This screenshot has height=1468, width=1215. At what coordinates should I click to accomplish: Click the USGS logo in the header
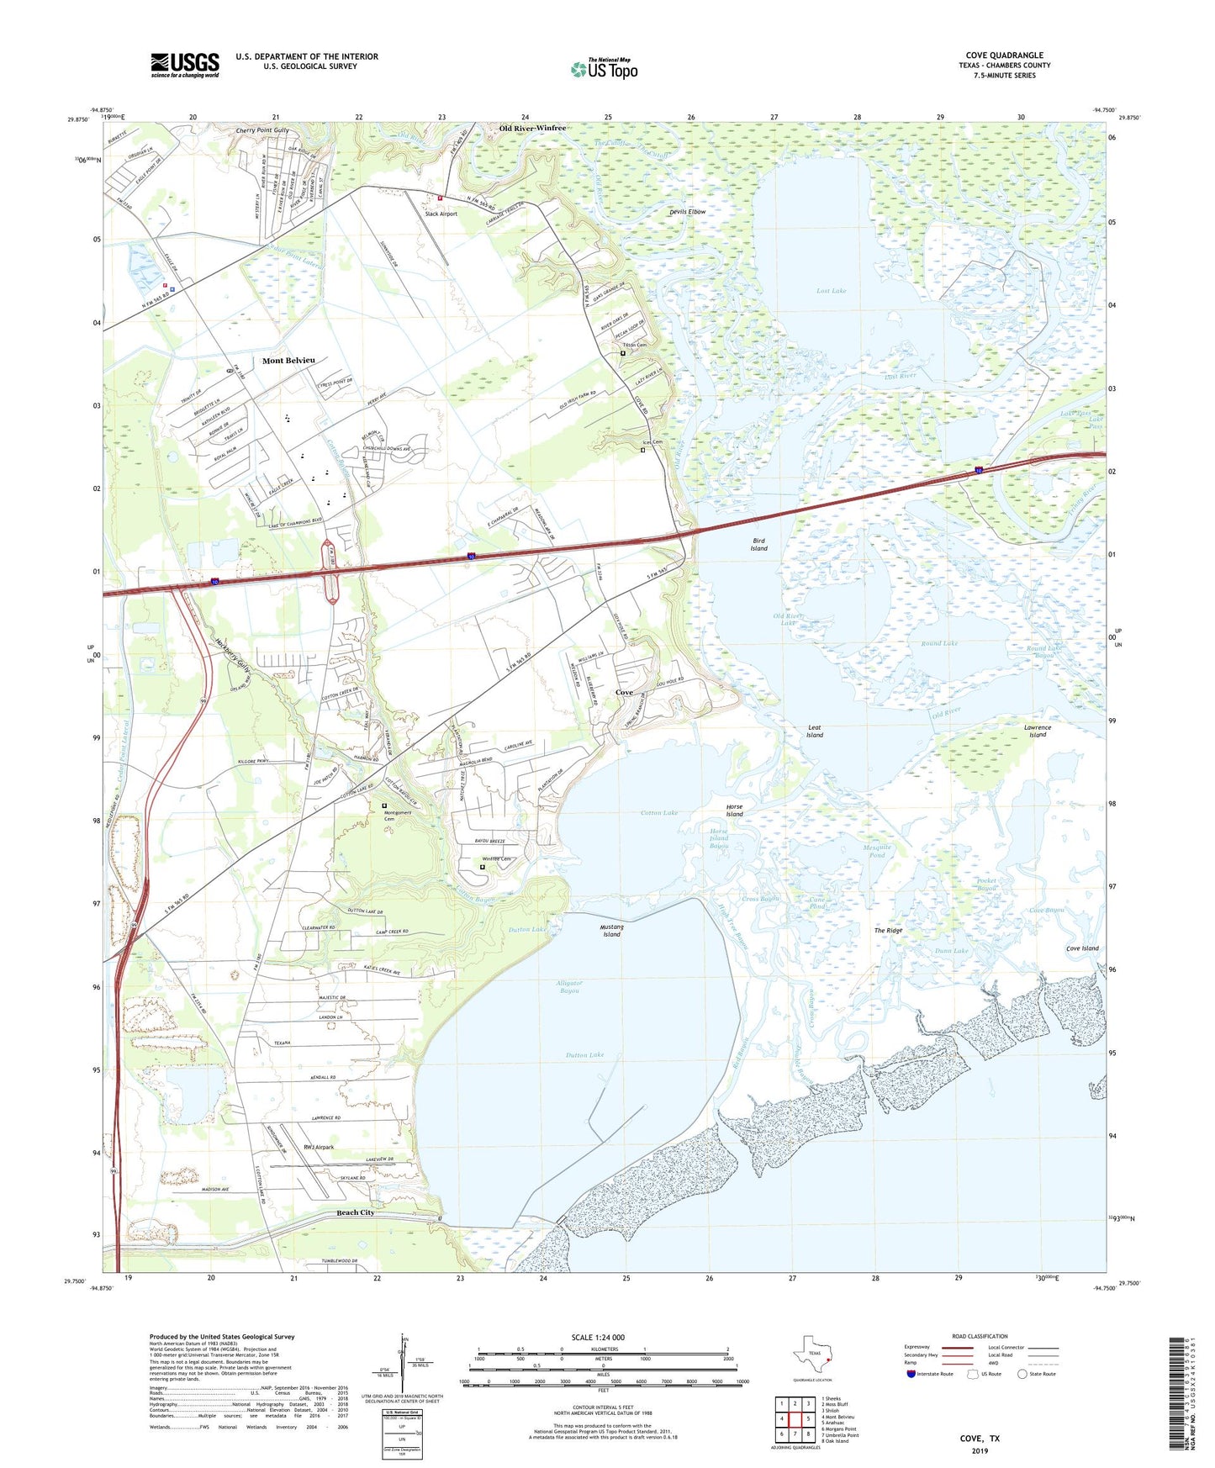185,65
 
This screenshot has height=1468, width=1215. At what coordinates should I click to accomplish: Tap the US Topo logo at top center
604,69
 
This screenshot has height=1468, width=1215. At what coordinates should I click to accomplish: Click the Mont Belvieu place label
288,361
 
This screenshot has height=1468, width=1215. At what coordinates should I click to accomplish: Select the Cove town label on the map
624,693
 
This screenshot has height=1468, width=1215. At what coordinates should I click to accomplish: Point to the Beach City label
355,1212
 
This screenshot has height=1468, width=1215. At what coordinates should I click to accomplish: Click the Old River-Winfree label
532,128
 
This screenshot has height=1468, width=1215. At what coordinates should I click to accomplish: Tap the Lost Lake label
831,291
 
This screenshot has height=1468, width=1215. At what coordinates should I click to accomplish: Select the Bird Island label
758,544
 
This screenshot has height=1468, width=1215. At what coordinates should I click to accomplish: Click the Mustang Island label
611,931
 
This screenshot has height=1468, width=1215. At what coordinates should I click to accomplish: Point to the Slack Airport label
441,214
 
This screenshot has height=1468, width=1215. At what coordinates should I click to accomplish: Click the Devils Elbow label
687,212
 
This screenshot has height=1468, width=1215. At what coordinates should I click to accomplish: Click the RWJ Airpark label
319,1147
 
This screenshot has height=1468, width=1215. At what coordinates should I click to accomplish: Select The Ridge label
888,931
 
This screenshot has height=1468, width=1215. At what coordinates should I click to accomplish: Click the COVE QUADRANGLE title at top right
1004,55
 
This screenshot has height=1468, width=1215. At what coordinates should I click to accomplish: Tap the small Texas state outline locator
811,1355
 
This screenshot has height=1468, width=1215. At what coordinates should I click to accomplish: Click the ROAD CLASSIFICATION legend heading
980,1336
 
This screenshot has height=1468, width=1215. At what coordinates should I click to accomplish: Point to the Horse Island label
734,811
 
